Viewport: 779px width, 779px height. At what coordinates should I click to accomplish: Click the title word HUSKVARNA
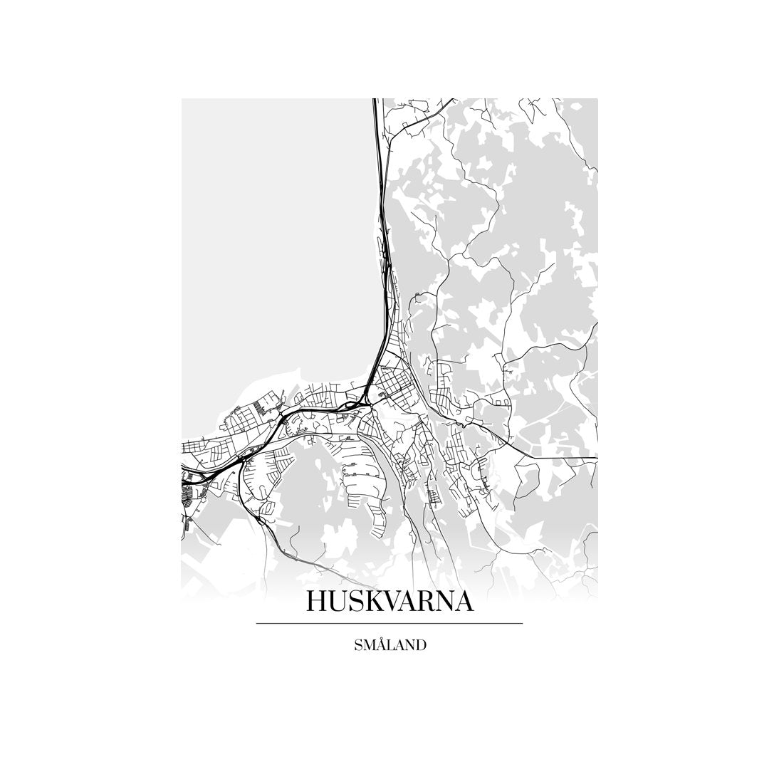coord(389,602)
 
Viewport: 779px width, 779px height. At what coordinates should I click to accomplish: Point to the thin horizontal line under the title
coord(389,624)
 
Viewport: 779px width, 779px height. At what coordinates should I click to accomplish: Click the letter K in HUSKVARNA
coord(373,602)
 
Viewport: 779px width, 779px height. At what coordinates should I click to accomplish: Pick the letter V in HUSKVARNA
coord(393,602)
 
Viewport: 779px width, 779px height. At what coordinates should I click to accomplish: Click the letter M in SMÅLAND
coord(370,645)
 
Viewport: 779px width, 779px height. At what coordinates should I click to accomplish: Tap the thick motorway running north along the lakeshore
coord(380,214)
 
